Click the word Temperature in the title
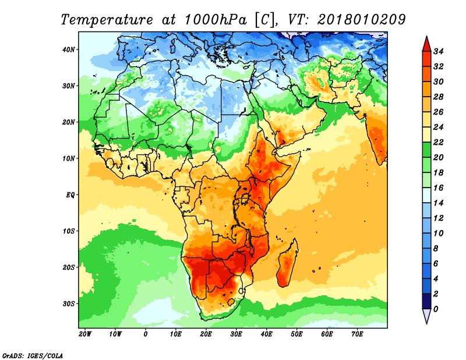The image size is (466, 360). pyautogui.click(x=107, y=20)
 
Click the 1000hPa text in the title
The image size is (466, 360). pyautogui.click(x=216, y=20)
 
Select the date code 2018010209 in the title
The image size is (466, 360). pyautogui.click(x=361, y=20)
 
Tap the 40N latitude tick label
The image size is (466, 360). pyautogui.click(x=69, y=50)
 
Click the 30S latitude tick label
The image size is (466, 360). pyautogui.click(x=69, y=304)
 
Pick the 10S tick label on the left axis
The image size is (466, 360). pyautogui.click(x=69, y=231)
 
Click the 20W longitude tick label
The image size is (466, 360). pyautogui.click(x=85, y=334)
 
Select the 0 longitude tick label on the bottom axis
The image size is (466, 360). pyautogui.click(x=145, y=334)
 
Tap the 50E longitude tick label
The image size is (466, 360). pyautogui.click(x=296, y=334)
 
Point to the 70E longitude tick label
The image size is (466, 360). pyautogui.click(x=357, y=334)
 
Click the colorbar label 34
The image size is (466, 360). pyautogui.click(x=439, y=52)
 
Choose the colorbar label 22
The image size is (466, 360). pyautogui.click(x=439, y=143)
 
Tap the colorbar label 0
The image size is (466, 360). pyautogui.click(x=436, y=309)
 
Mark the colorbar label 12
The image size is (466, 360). pyautogui.click(x=439, y=218)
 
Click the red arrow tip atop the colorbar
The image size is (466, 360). pyautogui.click(x=427, y=37)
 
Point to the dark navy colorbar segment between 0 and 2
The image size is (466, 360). pyautogui.click(x=427, y=301)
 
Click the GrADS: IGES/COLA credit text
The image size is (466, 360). pyautogui.click(x=33, y=356)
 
